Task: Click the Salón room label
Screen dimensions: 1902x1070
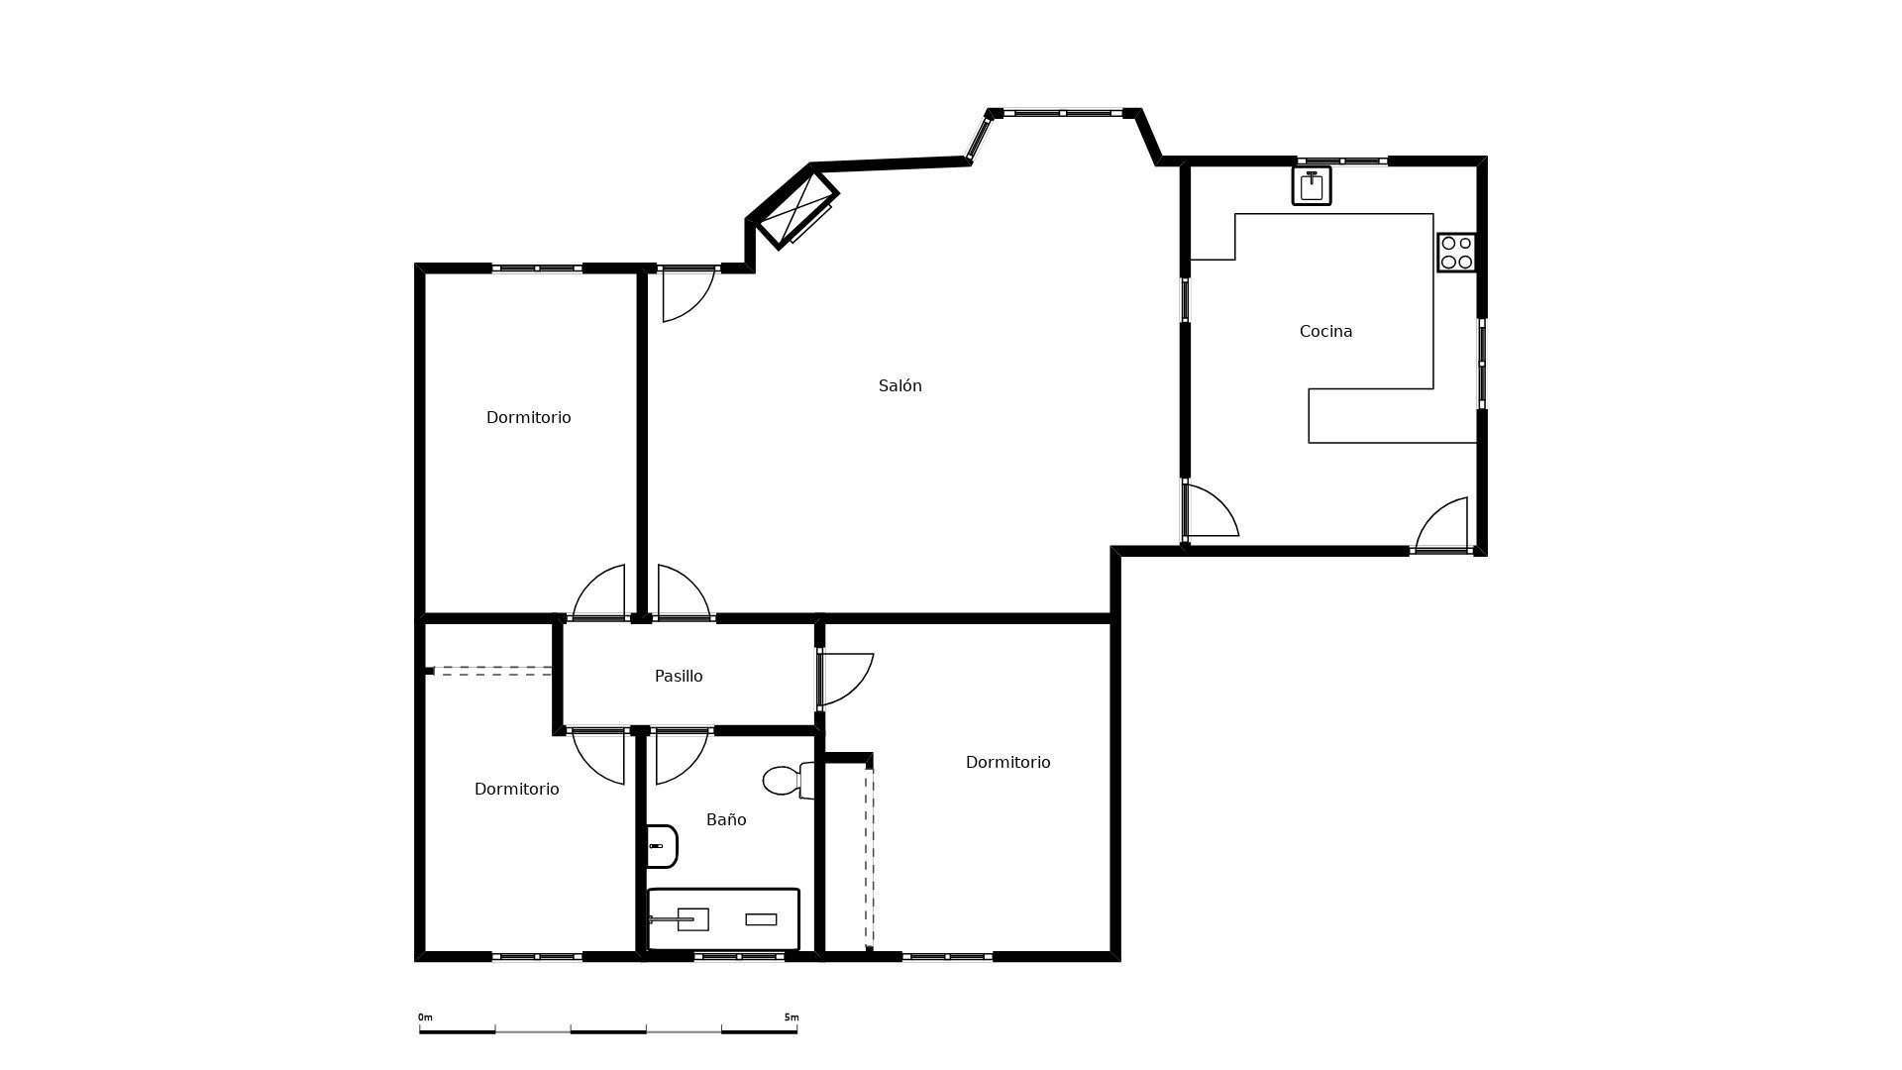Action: [899, 386]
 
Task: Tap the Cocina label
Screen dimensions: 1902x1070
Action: [1325, 332]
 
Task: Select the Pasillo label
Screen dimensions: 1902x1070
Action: [679, 677]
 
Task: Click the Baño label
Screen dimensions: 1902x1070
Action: [726, 820]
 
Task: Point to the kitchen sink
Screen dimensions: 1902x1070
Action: [1312, 185]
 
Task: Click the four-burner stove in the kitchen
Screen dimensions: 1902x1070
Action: [1456, 252]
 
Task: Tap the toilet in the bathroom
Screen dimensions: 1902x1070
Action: [789, 780]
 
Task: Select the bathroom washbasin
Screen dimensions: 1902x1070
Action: [662, 846]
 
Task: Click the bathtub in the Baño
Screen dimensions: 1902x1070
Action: [723, 919]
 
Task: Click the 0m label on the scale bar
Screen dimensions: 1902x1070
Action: [425, 1017]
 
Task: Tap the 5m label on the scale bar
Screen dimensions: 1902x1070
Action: [791, 1017]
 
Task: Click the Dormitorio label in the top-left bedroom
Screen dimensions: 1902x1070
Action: [528, 418]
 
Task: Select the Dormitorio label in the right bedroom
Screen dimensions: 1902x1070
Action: [1007, 763]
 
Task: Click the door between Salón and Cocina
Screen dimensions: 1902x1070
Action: [1210, 510]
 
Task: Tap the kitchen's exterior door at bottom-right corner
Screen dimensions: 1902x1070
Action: [1441, 524]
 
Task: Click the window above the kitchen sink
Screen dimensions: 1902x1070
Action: [1342, 160]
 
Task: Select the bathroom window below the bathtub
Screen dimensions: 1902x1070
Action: [739, 956]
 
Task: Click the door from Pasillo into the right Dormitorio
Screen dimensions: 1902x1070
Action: [845, 680]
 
